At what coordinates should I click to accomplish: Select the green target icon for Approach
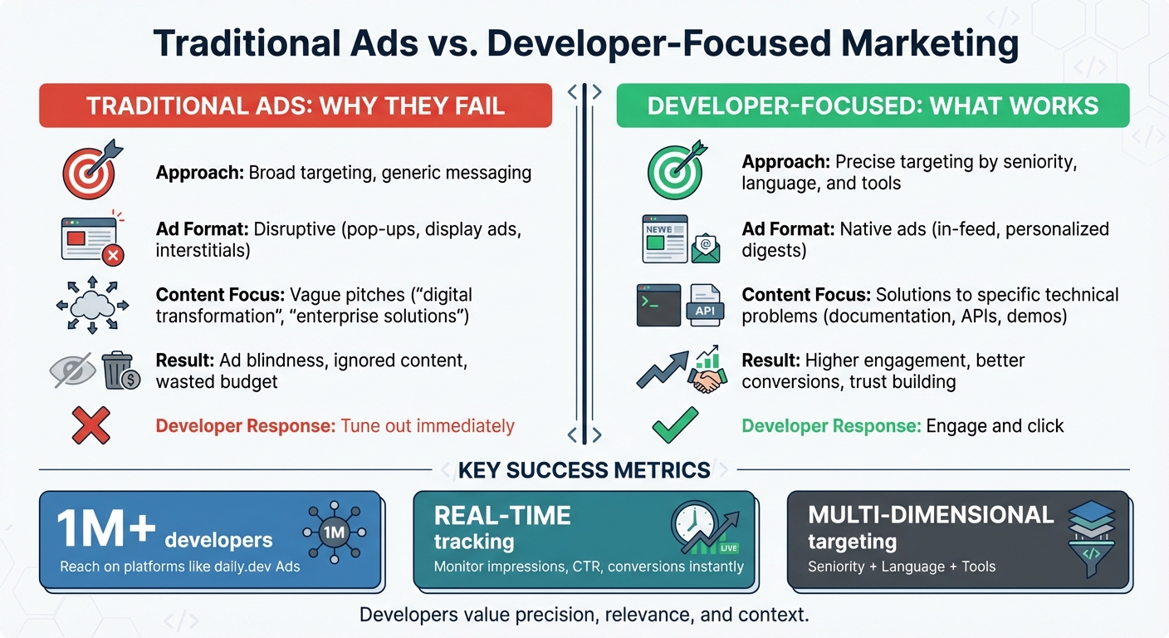674,171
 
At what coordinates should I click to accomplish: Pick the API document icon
704,305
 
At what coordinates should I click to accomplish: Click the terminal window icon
657,305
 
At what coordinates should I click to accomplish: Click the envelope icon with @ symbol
705,246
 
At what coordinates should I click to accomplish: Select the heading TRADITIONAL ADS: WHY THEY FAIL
295,106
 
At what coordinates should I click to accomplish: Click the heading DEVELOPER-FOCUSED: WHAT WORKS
873,106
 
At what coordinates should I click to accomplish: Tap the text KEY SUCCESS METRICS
584,470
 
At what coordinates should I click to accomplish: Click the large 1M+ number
105,531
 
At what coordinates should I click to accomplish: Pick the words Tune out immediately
428,426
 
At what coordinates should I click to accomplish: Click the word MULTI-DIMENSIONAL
931,515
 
